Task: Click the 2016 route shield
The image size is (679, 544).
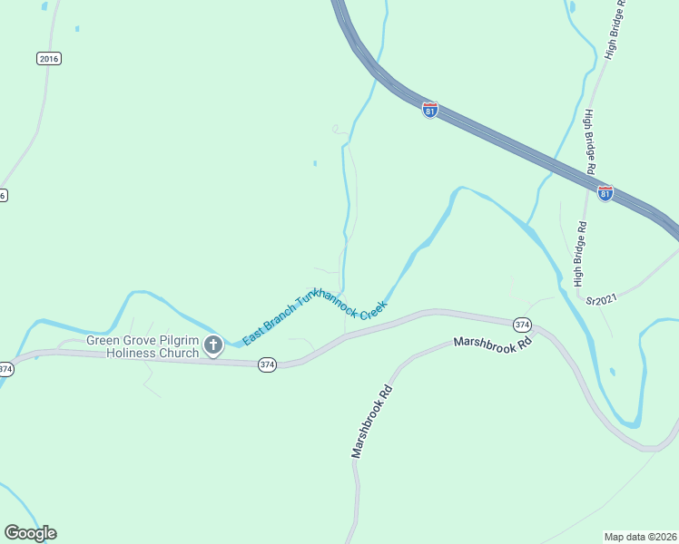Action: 49,58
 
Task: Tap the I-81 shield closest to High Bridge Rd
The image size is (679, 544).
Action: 605,193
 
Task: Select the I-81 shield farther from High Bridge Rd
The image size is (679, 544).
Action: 430,110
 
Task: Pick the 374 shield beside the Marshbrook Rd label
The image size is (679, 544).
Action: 521,324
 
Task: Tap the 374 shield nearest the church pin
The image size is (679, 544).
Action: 267,364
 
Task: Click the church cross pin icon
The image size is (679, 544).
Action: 213,345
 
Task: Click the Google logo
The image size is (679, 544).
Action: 30,533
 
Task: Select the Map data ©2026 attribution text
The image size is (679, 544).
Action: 639,537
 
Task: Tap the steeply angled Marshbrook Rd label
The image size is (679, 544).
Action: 371,422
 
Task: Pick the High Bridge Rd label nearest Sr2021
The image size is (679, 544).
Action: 578,253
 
